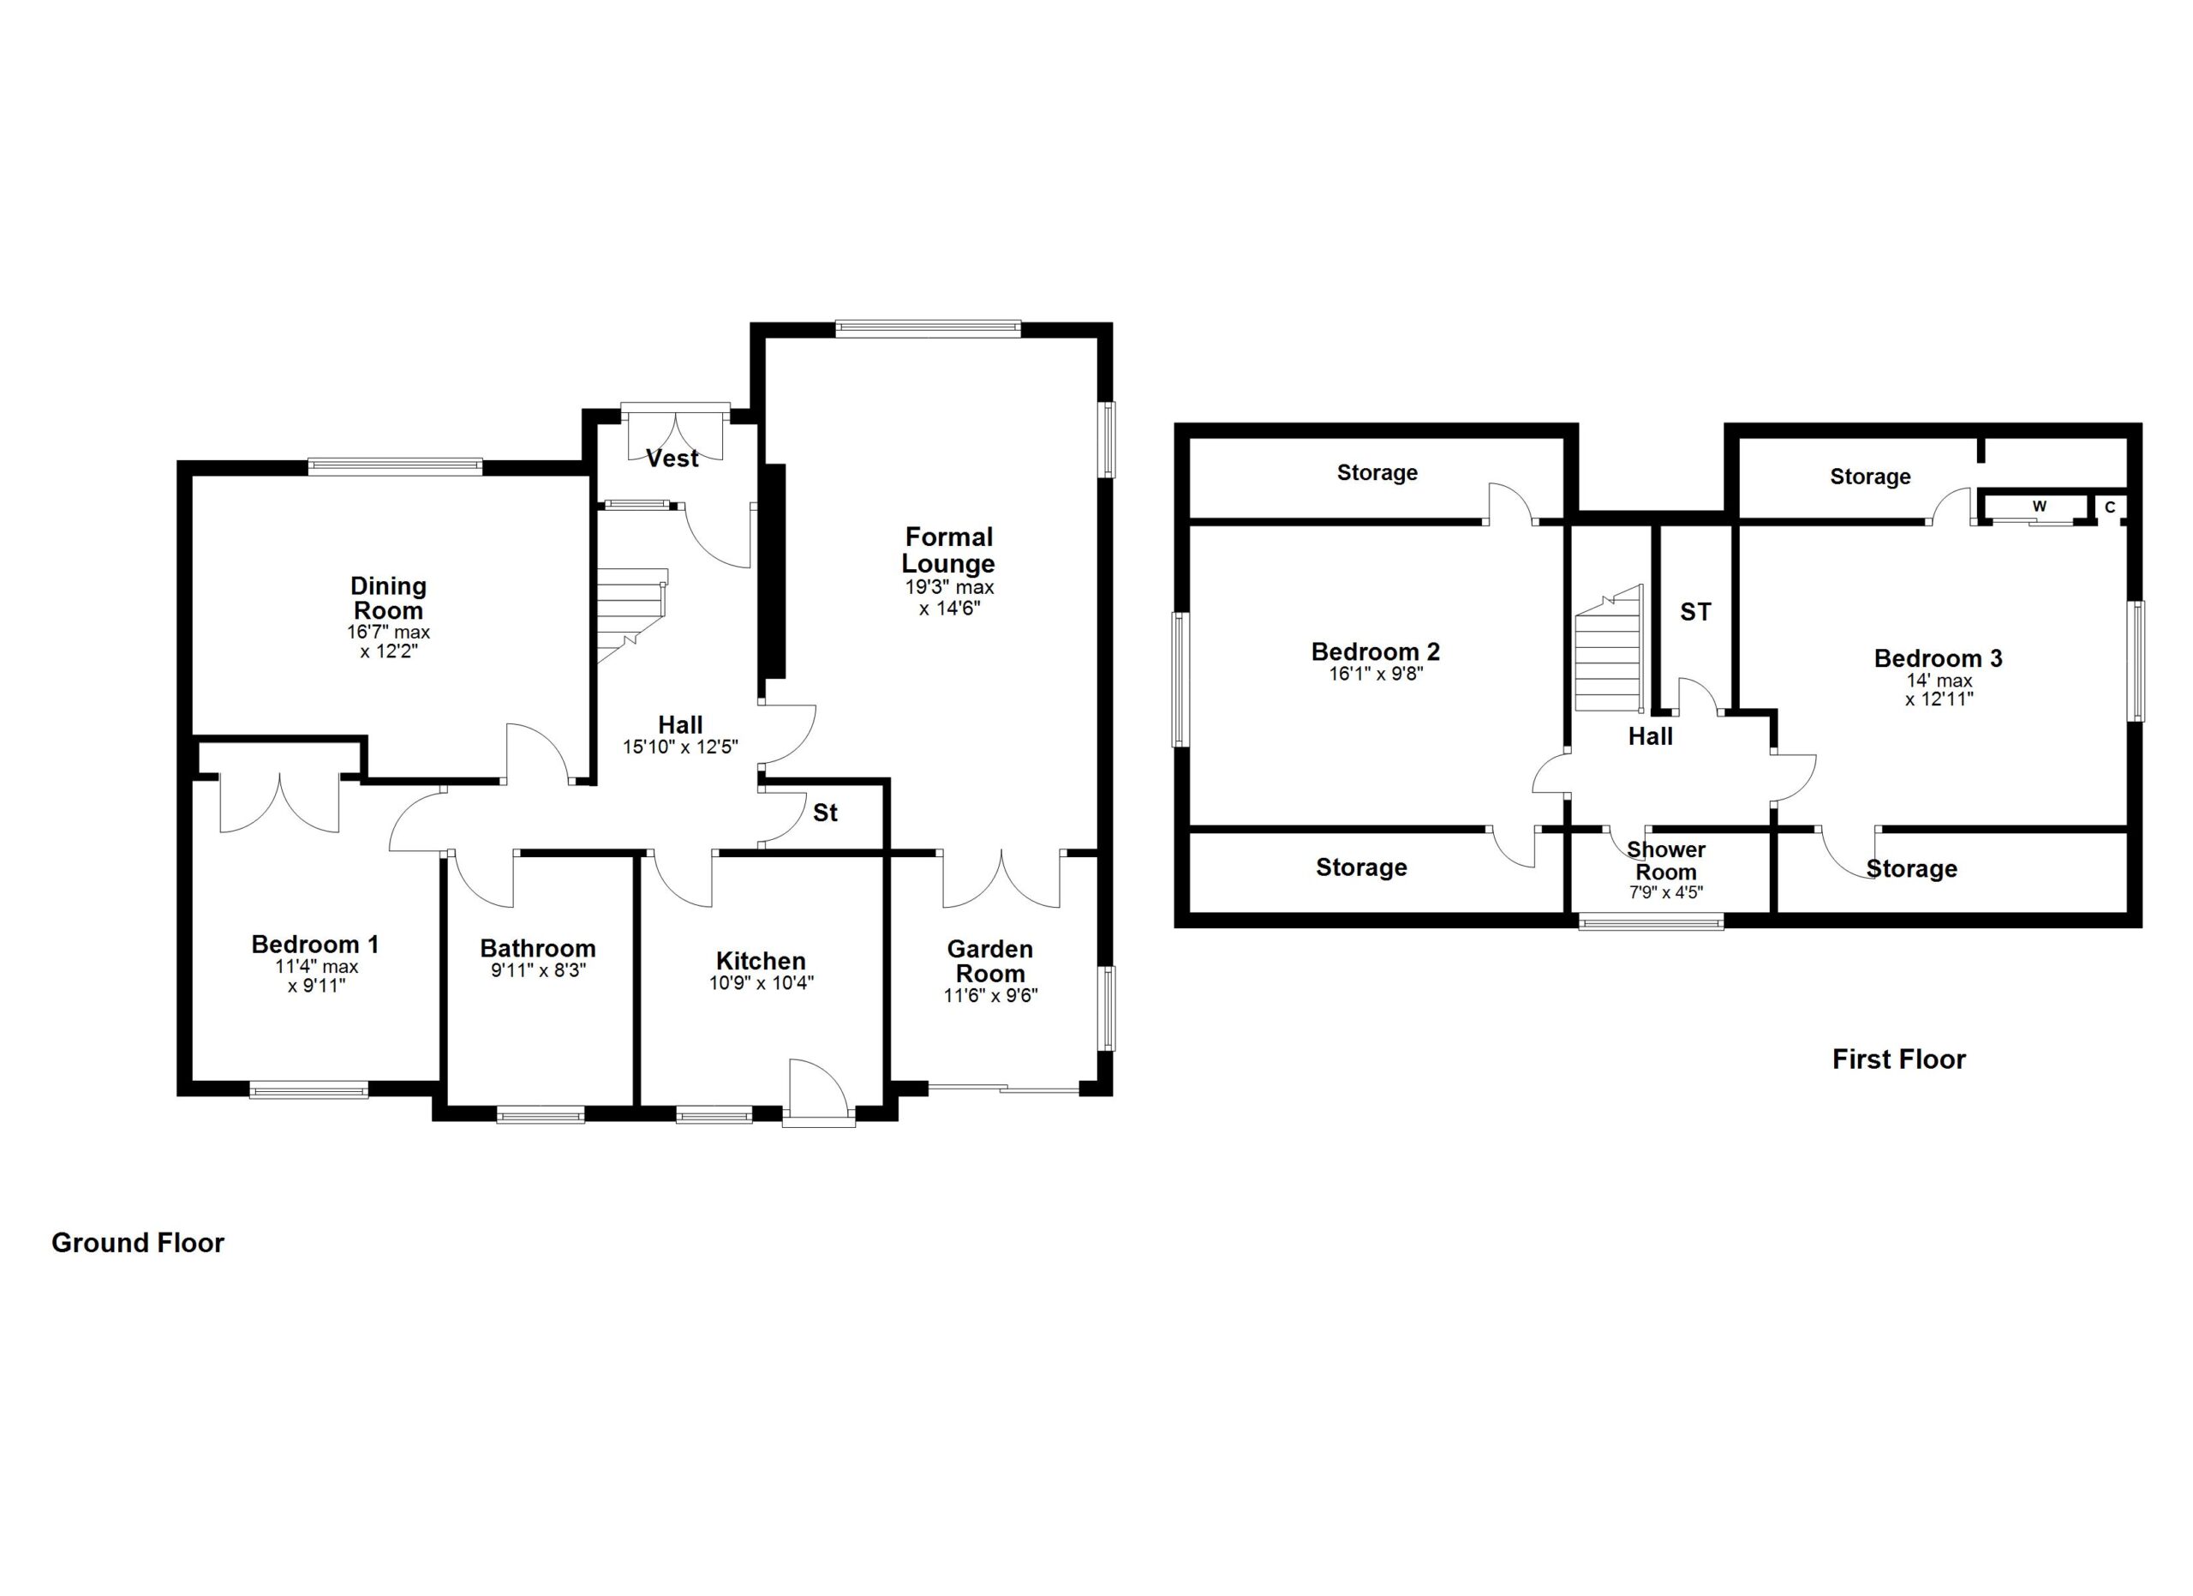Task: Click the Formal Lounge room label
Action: [x=947, y=550]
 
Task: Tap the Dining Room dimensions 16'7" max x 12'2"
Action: [x=389, y=642]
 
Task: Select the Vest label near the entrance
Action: [x=672, y=459]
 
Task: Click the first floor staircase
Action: [x=1609, y=648]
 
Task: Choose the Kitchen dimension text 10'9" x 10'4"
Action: [x=761, y=984]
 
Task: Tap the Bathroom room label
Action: [x=538, y=948]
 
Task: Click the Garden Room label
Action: [x=990, y=962]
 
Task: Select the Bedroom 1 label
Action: [x=315, y=944]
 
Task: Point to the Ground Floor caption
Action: [x=137, y=1243]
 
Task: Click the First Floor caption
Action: [x=1899, y=1059]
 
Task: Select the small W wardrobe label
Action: [x=2040, y=506]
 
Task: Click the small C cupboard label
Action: [x=2110, y=507]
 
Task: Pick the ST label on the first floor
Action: [x=1695, y=611]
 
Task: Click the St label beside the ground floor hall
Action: [x=825, y=813]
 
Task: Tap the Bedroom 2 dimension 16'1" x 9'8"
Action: [x=1376, y=673]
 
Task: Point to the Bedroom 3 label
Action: [x=1938, y=658]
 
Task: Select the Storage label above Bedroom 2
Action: [x=1377, y=472]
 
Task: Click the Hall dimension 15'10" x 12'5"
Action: [x=681, y=747]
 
